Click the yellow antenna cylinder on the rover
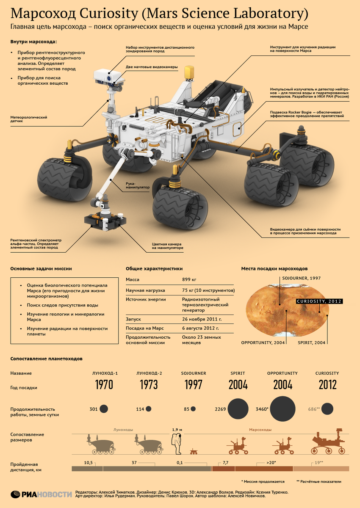189,72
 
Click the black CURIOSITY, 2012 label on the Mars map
319,301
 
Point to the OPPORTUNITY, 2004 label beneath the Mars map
263,342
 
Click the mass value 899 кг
189,279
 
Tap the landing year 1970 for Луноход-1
104,385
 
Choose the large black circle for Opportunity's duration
282,409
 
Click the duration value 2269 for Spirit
220,409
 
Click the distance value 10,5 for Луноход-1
88,463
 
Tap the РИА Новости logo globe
16,494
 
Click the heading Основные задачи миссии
41,268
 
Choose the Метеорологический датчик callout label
28,119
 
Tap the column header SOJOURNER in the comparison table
193,373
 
